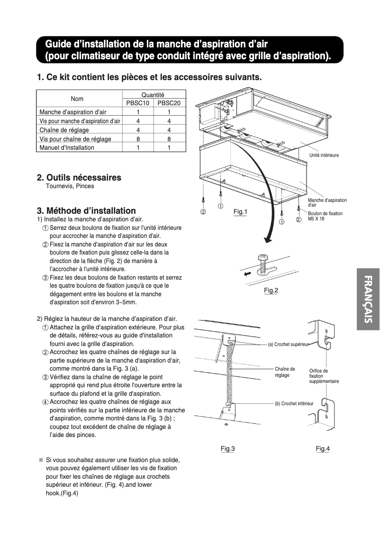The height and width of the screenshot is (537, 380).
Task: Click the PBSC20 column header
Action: click(x=169, y=103)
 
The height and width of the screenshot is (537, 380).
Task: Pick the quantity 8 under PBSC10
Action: click(x=138, y=139)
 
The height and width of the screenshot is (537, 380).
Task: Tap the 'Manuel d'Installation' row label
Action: click(x=67, y=148)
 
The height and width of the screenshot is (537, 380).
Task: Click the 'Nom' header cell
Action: click(x=77, y=99)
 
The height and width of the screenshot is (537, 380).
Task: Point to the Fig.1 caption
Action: click(x=240, y=211)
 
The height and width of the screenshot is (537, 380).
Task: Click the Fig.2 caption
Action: click(x=271, y=291)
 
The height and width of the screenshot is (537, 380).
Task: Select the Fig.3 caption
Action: click(x=227, y=448)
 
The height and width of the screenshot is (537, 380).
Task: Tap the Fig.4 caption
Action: click(x=323, y=448)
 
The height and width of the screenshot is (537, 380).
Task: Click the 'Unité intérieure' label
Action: click(x=324, y=155)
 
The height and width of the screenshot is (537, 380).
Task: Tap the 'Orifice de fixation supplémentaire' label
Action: click(x=324, y=376)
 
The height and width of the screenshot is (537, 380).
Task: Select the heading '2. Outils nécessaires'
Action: click(x=79, y=178)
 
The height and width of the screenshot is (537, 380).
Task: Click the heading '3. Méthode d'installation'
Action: click(x=86, y=211)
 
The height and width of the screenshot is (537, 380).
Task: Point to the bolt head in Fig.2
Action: click(x=262, y=258)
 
